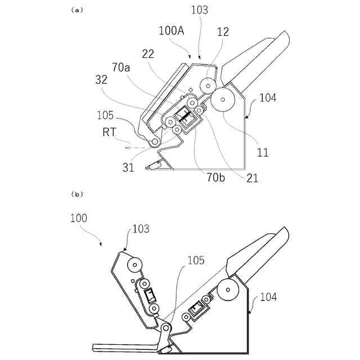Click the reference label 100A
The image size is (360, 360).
[x=172, y=31]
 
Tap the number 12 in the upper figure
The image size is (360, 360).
[x=223, y=33]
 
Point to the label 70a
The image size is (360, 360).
[x=121, y=68]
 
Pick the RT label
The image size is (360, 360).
[x=110, y=133]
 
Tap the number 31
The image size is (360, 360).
[x=128, y=167]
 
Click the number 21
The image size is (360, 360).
[x=253, y=178]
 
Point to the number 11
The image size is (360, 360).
[x=263, y=152]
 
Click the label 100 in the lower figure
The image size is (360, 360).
[x=79, y=217]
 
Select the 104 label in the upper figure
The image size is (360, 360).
[x=268, y=98]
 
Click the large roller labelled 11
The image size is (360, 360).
[x=223, y=100]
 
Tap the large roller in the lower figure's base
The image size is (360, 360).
[x=228, y=291]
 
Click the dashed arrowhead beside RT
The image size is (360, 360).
[x=129, y=147]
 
